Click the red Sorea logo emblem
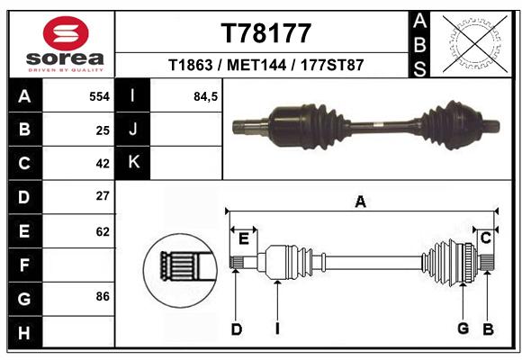66,33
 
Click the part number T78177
266,33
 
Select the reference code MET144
256,65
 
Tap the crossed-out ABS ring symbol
475,44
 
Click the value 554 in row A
99,96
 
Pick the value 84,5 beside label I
205,96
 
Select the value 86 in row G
103,296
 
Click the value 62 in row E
103,231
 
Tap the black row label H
25,333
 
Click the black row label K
133,163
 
